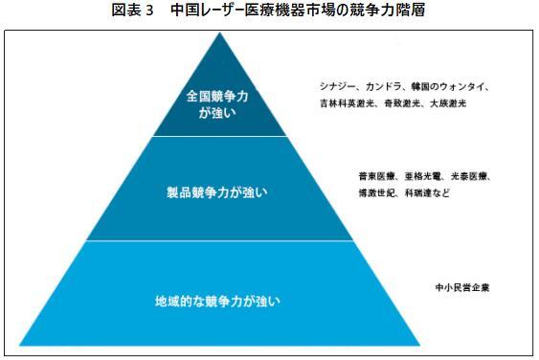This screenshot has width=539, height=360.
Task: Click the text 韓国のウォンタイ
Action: click(x=453, y=86)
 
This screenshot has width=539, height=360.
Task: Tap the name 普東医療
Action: click(x=376, y=177)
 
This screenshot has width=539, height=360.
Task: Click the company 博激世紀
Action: click(x=376, y=192)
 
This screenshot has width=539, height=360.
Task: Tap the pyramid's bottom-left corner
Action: click(x=21, y=344)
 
